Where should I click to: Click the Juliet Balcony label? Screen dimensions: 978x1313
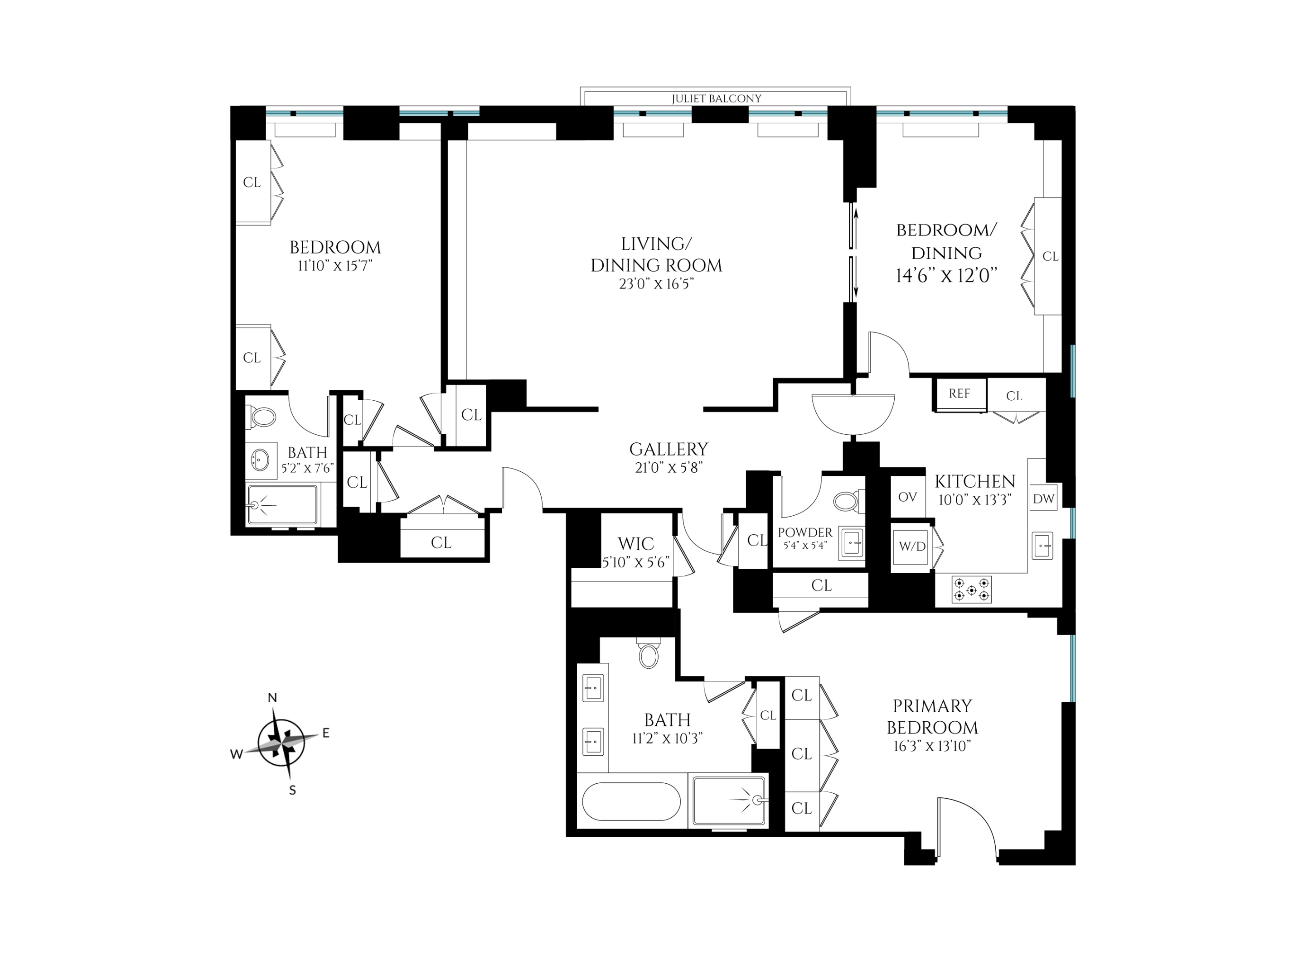716,99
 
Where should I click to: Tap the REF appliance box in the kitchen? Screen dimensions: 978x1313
959,393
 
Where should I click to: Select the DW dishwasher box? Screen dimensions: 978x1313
1043,499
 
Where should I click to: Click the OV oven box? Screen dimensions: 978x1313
907,497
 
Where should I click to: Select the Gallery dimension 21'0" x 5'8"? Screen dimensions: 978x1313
669,468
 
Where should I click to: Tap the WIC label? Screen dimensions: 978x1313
636,543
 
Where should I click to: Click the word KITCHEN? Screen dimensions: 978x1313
975,481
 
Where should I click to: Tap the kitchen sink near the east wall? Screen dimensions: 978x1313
1042,545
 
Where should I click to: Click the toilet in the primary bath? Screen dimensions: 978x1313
649,655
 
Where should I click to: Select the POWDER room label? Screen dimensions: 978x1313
804,532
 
